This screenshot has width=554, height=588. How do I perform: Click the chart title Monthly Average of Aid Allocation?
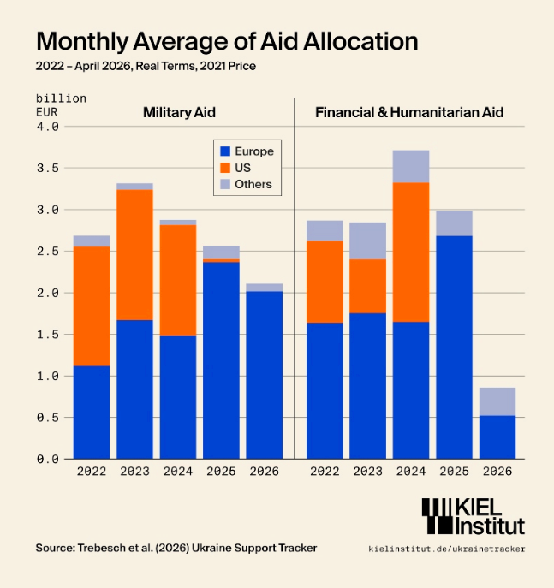pyautogui.click(x=227, y=41)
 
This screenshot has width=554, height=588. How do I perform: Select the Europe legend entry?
pyautogui.click(x=247, y=151)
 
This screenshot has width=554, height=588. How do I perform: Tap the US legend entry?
pyautogui.click(x=235, y=168)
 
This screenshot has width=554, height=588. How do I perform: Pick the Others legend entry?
pyautogui.click(x=246, y=184)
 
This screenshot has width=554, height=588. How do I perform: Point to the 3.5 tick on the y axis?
pyautogui.click(x=48, y=168)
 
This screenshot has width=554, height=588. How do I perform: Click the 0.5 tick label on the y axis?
pyautogui.click(x=48, y=418)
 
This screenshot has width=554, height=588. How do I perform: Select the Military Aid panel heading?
pyautogui.click(x=179, y=112)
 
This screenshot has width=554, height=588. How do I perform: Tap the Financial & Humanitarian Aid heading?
pyautogui.click(x=409, y=112)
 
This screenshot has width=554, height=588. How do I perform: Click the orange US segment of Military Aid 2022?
pyautogui.click(x=92, y=306)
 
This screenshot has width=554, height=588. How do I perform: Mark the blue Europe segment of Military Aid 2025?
pyautogui.click(x=221, y=360)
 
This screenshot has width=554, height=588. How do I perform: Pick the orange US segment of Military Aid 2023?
pyautogui.click(x=134, y=254)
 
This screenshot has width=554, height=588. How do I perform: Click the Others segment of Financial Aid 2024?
pyautogui.click(x=411, y=167)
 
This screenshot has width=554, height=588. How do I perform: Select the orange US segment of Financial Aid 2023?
pyautogui.click(x=367, y=286)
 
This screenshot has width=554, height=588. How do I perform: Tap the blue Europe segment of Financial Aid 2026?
pyautogui.click(x=497, y=437)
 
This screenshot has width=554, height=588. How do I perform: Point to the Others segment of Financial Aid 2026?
pyautogui.click(x=497, y=401)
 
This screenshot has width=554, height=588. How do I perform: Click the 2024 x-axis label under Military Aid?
pyautogui.click(x=178, y=471)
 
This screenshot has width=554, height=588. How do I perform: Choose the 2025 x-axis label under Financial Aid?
pyautogui.click(x=454, y=471)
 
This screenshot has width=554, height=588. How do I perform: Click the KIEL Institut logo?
pyautogui.click(x=473, y=516)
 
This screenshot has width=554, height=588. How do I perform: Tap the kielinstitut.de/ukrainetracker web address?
pyautogui.click(x=447, y=549)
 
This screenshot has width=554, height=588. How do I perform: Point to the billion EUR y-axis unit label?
pyautogui.click(x=61, y=105)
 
